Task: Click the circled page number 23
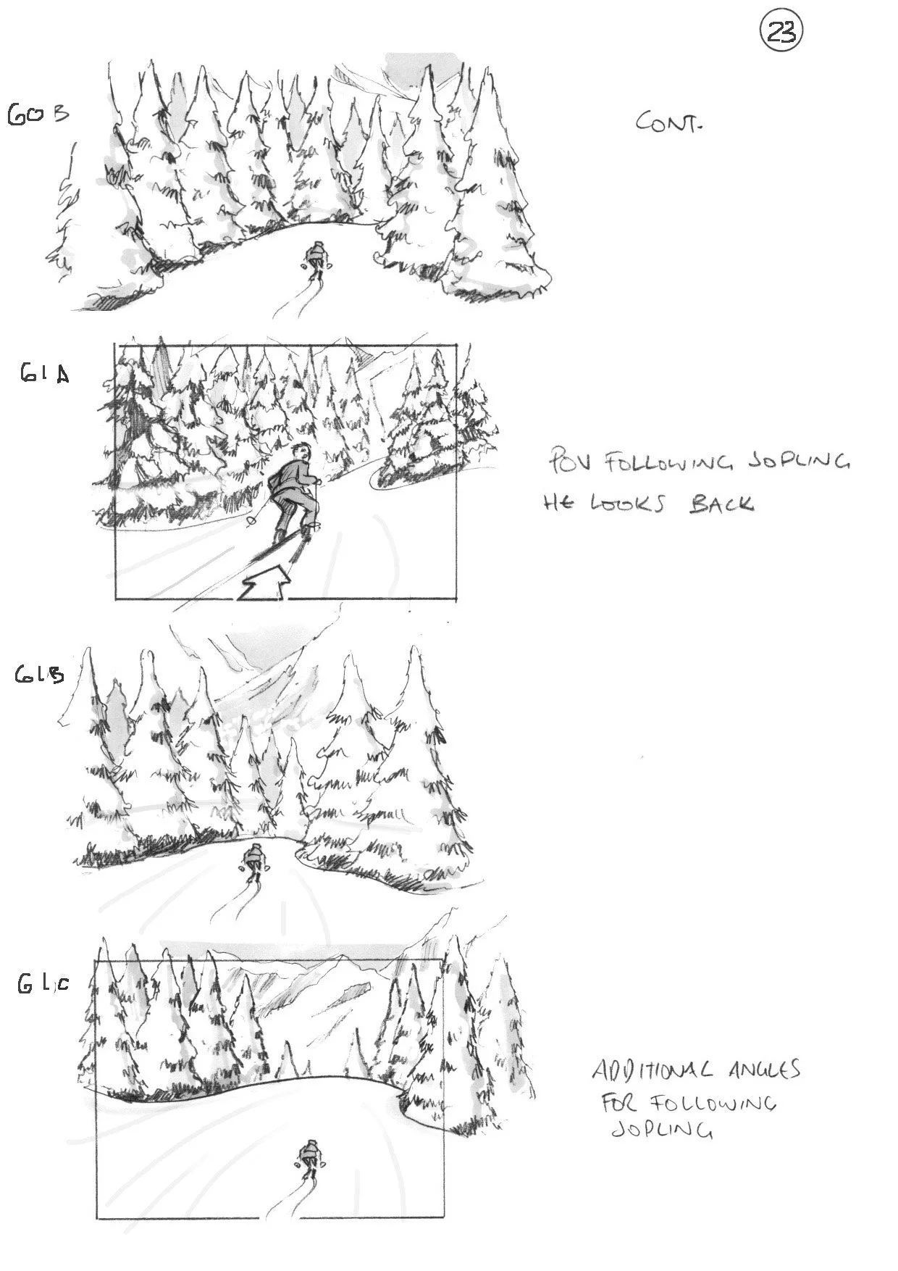click(x=781, y=33)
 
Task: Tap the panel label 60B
click(x=38, y=114)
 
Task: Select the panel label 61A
click(x=45, y=374)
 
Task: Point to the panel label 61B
click(x=40, y=675)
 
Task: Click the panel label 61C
click(x=43, y=983)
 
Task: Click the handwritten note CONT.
click(x=668, y=122)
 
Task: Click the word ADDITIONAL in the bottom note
click(x=651, y=1070)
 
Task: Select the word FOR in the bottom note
click(x=620, y=1104)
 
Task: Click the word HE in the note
click(x=559, y=504)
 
